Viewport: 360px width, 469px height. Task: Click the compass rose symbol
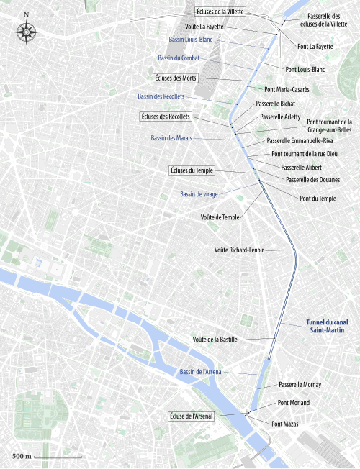pos(27,30)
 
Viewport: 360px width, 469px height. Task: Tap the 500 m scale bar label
pos(21,457)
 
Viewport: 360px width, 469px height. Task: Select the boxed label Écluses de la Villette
pos(220,12)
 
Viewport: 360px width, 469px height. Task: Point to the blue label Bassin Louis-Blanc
pos(190,40)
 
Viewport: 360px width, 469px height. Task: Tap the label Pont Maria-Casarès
pos(287,89)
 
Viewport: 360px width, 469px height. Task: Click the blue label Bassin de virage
pos(198,194)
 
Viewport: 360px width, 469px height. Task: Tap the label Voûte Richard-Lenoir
pos(239,250)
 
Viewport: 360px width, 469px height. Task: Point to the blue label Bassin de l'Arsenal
pos(201,371)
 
